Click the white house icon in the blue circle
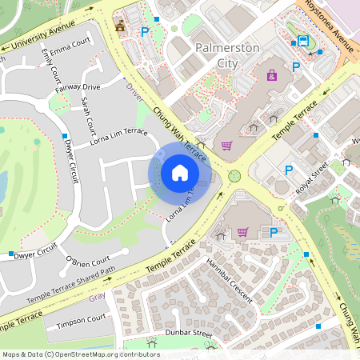point(180,173)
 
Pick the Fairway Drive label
point(78,86)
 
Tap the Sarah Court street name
point(88,115)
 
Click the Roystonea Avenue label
point(330,27)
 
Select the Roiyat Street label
point(313,178)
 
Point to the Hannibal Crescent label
point(229,280)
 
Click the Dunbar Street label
point(189,332)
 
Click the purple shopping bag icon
point(272,75)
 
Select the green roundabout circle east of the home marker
point(234,176)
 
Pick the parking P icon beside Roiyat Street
point(289,170)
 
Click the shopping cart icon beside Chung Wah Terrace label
point(226,146)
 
